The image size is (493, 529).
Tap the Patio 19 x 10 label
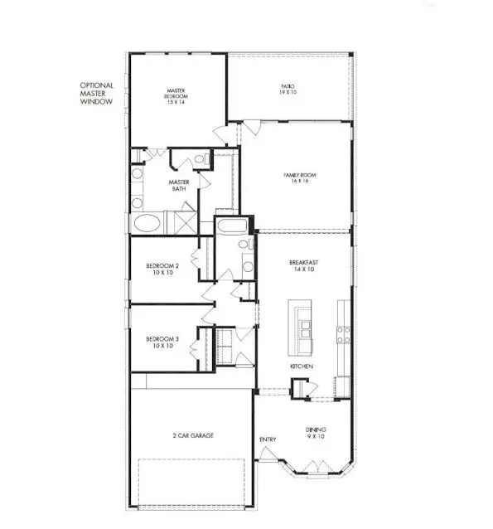point(287,90)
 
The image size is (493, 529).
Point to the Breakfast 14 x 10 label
point(303,265)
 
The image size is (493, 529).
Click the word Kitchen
point(300,366)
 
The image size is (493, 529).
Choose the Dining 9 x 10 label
point(316,433)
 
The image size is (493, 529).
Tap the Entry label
point(268,439)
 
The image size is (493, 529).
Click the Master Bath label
point(179,186)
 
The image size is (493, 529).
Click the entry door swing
point(268,454)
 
